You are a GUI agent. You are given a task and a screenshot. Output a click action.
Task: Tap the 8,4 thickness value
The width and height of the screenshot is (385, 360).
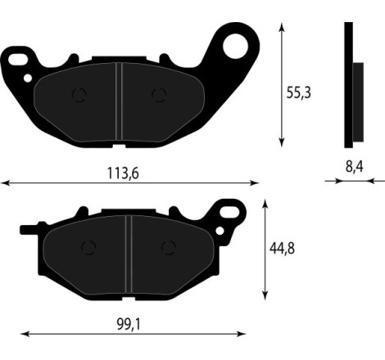pyautogui.click(x=354, y=166)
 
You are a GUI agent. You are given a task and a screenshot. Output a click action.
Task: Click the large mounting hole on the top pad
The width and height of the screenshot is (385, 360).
pyautogui.click(x=236, y=46)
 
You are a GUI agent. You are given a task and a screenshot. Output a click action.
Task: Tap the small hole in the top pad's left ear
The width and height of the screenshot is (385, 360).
pyautogui.click(x=29, y=79)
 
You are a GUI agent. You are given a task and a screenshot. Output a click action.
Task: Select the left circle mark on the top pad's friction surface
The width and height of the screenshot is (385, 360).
pyautogui.click(x=79, y=95)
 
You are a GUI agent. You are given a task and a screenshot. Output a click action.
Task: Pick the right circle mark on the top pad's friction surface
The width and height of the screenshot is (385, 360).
pyautogui.click(x=158, y=95)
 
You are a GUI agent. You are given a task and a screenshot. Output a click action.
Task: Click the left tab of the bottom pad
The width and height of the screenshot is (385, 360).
pyautogui.click(x=29, y=226)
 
